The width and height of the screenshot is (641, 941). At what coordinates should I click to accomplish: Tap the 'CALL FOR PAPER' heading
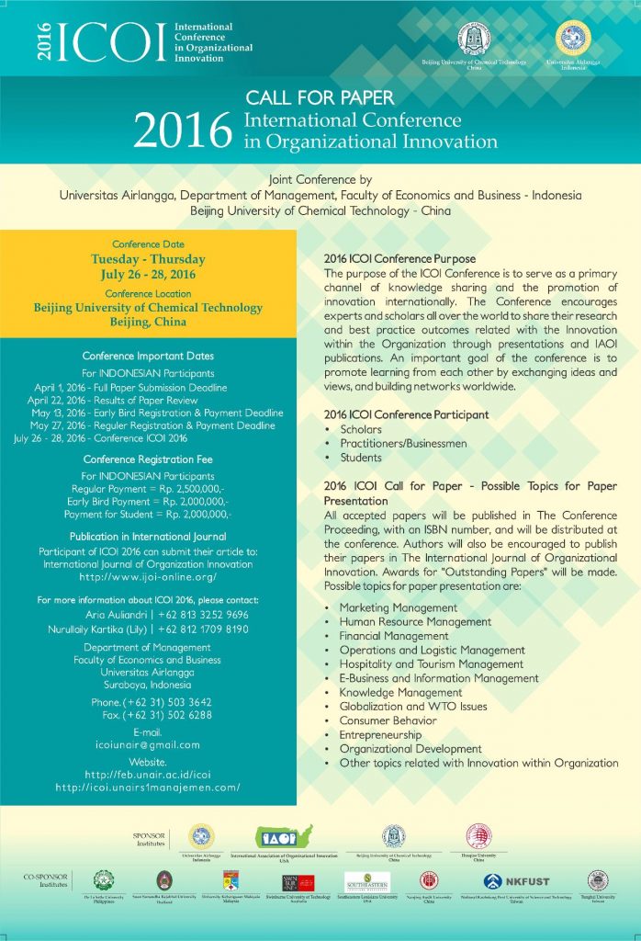[320, 97]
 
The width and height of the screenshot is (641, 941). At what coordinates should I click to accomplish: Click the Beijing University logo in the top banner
[475, 40]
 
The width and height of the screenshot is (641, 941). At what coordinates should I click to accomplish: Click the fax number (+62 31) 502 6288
[162, 714]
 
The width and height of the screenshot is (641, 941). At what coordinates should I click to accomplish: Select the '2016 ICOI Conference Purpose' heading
[399, 259]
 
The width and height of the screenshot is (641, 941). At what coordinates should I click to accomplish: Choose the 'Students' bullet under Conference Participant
[361, 458]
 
